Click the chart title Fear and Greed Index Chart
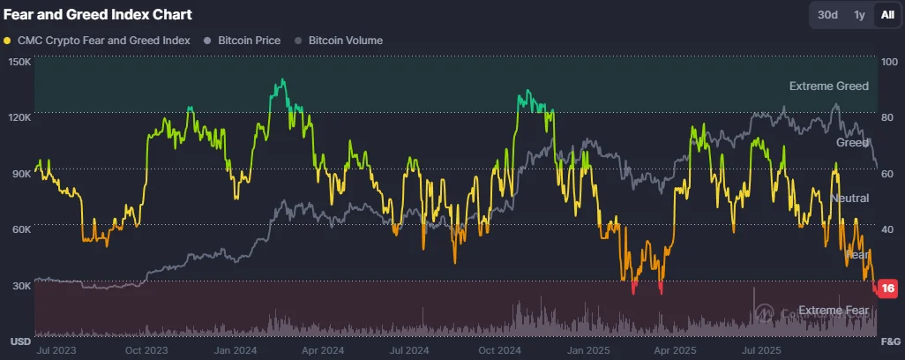point(98,15)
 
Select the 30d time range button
point(827,15)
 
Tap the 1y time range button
point(858,15)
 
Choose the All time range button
point(886,15)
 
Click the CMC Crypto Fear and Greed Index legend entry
point(97,41)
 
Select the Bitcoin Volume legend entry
point(339,41)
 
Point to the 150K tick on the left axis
point(19,62)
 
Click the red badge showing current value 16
point(887,289)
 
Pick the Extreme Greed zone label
point(828,86)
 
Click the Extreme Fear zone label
point(834,311)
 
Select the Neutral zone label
point(849,199)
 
